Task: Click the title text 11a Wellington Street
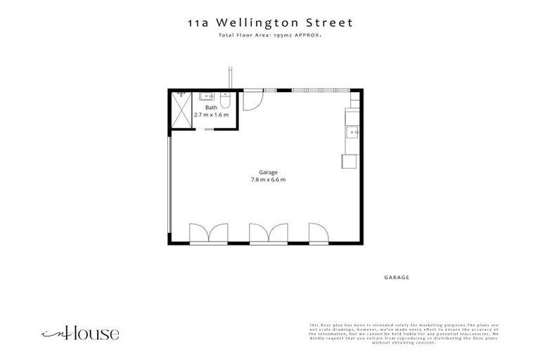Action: point(270,22)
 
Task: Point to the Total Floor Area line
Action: point(270,34)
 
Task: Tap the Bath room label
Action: point(211,108)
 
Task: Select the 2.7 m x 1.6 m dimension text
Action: point(211,114)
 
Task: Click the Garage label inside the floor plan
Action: point(268,172)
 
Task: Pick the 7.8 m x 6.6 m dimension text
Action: point(268,180)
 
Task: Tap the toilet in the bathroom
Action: point(225,96)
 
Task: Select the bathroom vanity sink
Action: point(208,96)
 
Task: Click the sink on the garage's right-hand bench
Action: point(352,130)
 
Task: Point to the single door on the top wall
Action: point(252,99)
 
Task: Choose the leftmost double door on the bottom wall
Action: point(209,233)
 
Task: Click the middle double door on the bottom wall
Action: point(269,233)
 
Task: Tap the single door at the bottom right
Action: point(318,233)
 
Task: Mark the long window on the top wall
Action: point(320,90)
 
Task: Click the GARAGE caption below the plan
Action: point(397,278)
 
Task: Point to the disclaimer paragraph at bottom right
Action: point(404,334)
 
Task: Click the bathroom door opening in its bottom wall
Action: point(209,130)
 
